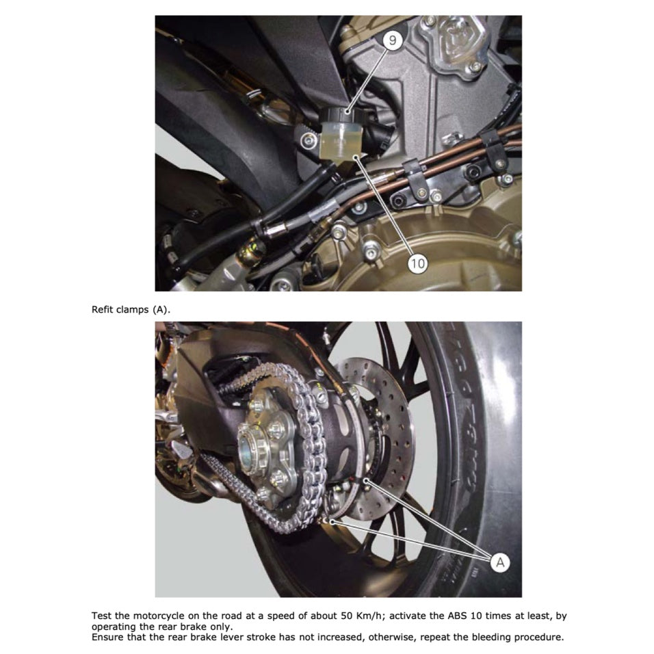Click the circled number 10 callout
pyautogui.click(x=417, y=262)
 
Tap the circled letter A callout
pyautogui.click(x=500, y=562)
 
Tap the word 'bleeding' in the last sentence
pyautogui.click(x=486, y=637)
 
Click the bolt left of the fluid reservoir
pyautogui.click(x=310, y=140)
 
